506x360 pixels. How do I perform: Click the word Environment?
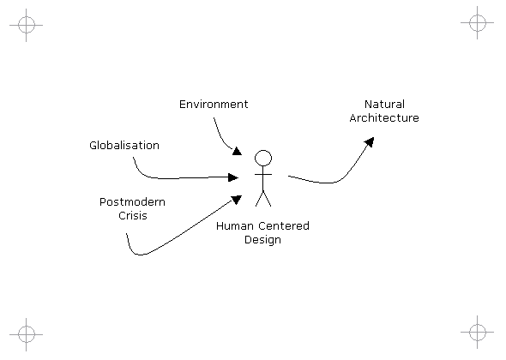pyautogui.click(x=214, y=105)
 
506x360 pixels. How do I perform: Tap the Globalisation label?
pyautogui.click(x=124, y=145)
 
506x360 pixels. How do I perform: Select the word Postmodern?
pyautogui.click(x=132, y=202)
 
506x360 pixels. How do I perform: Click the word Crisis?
pyautogui.click(x=133, y=215)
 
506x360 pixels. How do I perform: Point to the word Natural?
pyautogui.click(x=384, y=105)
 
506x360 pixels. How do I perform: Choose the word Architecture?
pyautogui.click(x=384, y=117)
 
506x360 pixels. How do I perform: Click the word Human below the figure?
pyautogui.click(x=235, y=225)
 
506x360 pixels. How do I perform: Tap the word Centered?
pyautogui.click(x=284, y=225)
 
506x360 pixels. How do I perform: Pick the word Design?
pyautogui.click(x=262, y=240)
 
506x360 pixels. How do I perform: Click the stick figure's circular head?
pyautogui.click(x=263, y=158)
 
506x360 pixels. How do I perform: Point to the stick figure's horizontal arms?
pyautogui.click(x=263, y=175)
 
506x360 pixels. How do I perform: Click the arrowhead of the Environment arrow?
pyautogui.click(x=238, y=152)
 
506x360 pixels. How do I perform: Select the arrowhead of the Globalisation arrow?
pyautogui.click(x=233, y=177)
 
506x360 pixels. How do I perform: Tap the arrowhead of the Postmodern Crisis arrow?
pyautogui.click(x=237, y=200)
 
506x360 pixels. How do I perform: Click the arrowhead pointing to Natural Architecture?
pyautogui.click(x=370, y=141)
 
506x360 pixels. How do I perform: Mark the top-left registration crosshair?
pyautogui.click(x=26, y=25)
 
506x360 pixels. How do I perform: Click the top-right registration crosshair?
pyautogui.click(x=478, y=22)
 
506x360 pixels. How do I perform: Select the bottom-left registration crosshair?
pyautogui.click(x=26, y=334)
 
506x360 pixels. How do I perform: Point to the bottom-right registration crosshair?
pyautogui.click(x=478, y=332)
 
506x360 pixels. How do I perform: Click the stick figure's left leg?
pyautogui.click(x=260, y=198)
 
